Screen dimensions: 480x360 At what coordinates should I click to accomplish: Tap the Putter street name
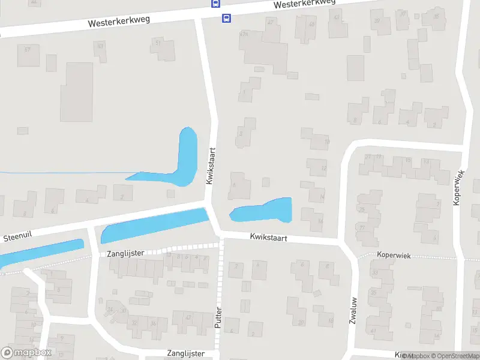click(x=218, y=317)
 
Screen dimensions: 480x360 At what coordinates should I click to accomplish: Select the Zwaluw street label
click(x=353, y=310)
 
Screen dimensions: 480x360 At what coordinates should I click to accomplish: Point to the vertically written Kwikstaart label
click(x=211, y=166)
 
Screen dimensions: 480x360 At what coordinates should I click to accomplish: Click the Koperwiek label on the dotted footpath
click(x=394, y=256)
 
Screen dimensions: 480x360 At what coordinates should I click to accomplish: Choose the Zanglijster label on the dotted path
click(x=125, y=253)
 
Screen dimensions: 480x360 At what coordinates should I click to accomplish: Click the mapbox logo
click(x=26, y=352)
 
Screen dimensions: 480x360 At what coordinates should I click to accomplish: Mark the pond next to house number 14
click(x=264, y=209)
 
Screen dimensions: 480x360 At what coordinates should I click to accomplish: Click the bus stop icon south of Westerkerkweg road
click(x=226, y=18)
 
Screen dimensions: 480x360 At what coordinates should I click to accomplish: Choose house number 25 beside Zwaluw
click(x=361, y=209)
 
